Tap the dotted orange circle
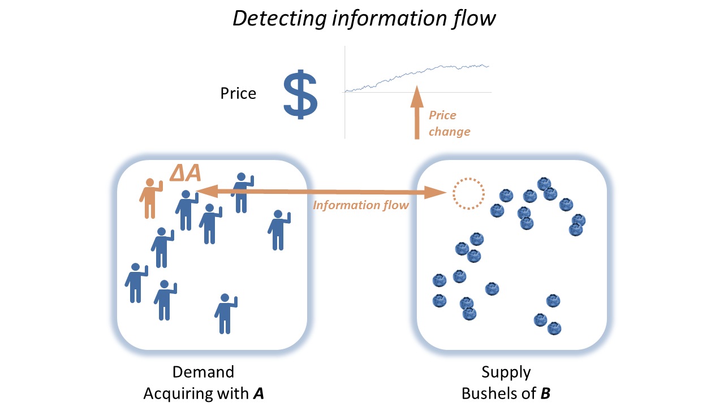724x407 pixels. tap(468, 194)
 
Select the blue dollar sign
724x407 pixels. tap(300, 94)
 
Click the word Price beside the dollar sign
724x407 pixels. tap(238, 93)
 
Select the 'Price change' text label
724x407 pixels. tap(449, 123)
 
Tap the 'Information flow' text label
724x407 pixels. tap(361, 205)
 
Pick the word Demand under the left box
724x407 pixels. tap(203, 372)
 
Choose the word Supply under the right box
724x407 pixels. tap(506, 372)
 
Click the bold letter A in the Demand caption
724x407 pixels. tap(258, 393)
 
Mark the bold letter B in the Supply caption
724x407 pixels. tap(545, 393)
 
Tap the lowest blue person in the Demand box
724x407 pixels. tap(225, 313)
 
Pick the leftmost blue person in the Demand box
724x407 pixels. tap(135, 283)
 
